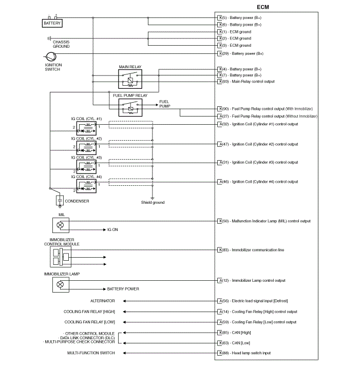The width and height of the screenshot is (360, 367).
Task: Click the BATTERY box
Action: pyautogui.click(x=52, y=23)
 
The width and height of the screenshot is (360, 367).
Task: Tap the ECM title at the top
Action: pyautogui.click(x=262, y=7)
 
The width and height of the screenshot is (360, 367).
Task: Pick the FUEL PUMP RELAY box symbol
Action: pyautogui.click(x=131, y=107)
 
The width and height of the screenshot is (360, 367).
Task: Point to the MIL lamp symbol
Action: pyautogui.click(x=60, y=225)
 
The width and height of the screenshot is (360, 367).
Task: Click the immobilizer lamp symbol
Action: pyautogui.click(x=60, y=284)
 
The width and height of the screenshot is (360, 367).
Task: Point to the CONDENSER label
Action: pyautogui.click(x=77, y=201)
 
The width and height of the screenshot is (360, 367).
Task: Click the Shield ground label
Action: pyautogui.click(x=153, y=203)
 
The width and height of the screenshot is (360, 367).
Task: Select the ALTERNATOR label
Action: pyautogui.click(x=103, y=301)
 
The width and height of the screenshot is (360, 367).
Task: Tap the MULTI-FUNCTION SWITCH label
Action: pyautogui.click(x=91, y=353)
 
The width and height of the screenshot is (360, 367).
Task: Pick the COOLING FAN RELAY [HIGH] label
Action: pyautogui.click(x=89, y=312)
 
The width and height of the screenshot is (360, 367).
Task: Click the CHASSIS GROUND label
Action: pyautogui.click(x=61, y=44)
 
